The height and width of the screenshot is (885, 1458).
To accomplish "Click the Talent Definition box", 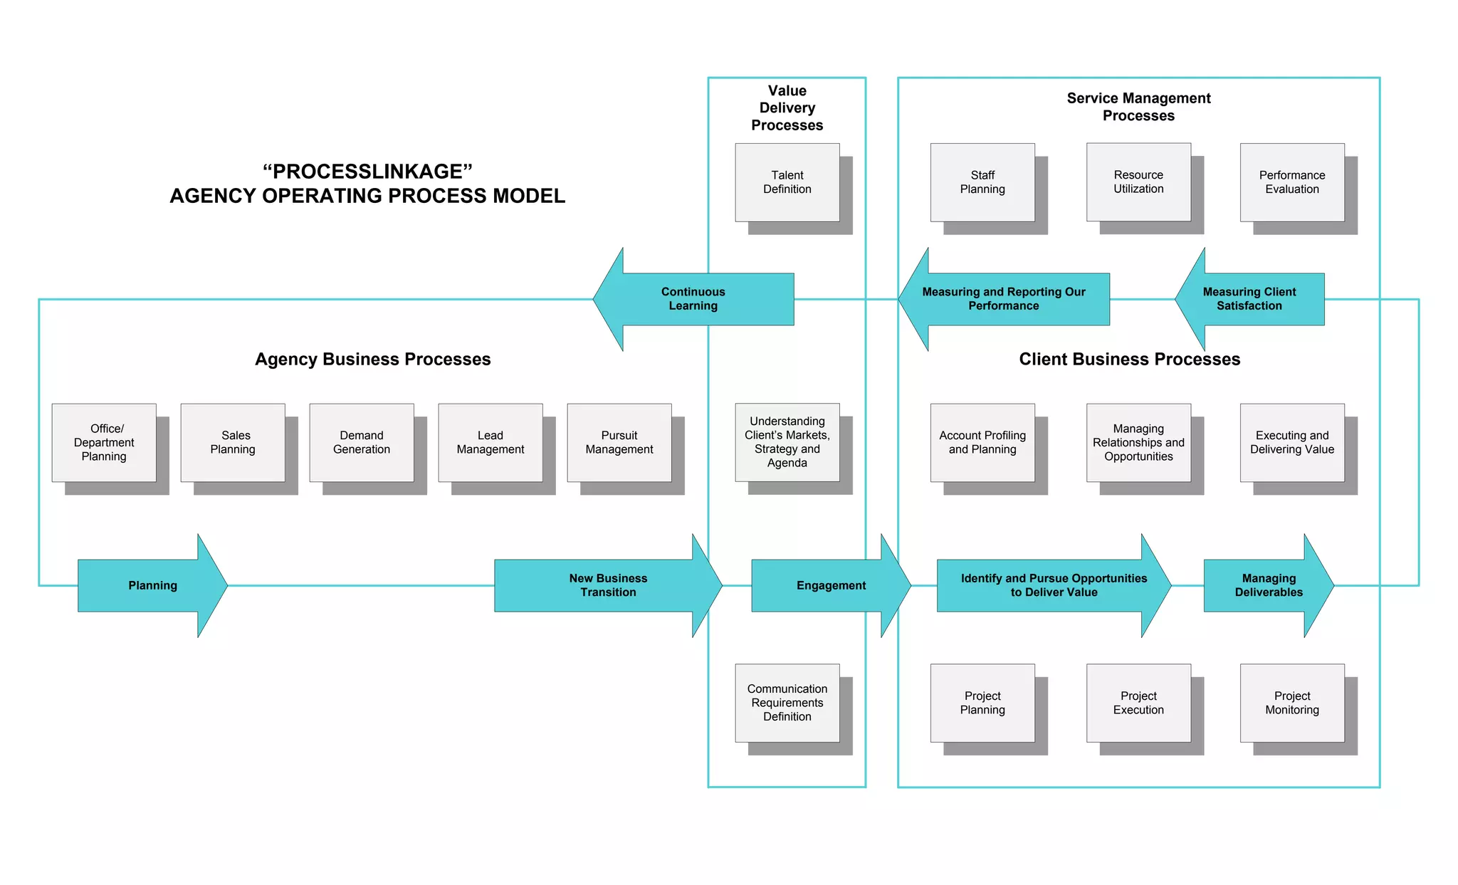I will [787, 182].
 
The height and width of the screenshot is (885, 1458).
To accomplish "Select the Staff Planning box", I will [982, 182].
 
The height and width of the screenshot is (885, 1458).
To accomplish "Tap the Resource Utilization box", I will [1138, 182].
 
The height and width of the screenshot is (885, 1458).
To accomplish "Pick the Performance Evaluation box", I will [1291, 182].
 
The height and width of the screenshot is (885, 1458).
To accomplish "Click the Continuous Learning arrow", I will [693, 299].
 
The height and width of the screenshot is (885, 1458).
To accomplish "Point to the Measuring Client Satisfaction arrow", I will [1249, 299].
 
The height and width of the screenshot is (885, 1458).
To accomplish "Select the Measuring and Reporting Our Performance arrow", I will [1003, 299].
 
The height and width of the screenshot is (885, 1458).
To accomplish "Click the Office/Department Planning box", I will [104, 442].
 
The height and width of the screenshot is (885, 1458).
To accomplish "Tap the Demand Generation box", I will [361, 442].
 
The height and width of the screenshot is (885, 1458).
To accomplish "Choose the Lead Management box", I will [490, 442].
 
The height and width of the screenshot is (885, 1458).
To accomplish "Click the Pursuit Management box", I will [619, 442].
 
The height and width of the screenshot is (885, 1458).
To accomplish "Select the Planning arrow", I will [152, 585].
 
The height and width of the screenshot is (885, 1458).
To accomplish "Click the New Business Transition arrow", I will [607, 585].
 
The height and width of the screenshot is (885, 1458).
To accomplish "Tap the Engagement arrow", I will [830, 585].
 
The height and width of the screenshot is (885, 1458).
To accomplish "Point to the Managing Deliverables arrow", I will [1268, 585].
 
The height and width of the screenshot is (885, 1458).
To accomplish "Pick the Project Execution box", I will [1138, 703].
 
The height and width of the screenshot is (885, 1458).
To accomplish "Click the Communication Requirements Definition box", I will [787, 703].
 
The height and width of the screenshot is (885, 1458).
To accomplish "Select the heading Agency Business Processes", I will [372, 360].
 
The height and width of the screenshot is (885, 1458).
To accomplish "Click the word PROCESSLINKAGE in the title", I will [367, 172].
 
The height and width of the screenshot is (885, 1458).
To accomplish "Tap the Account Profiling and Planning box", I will [982, 442].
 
